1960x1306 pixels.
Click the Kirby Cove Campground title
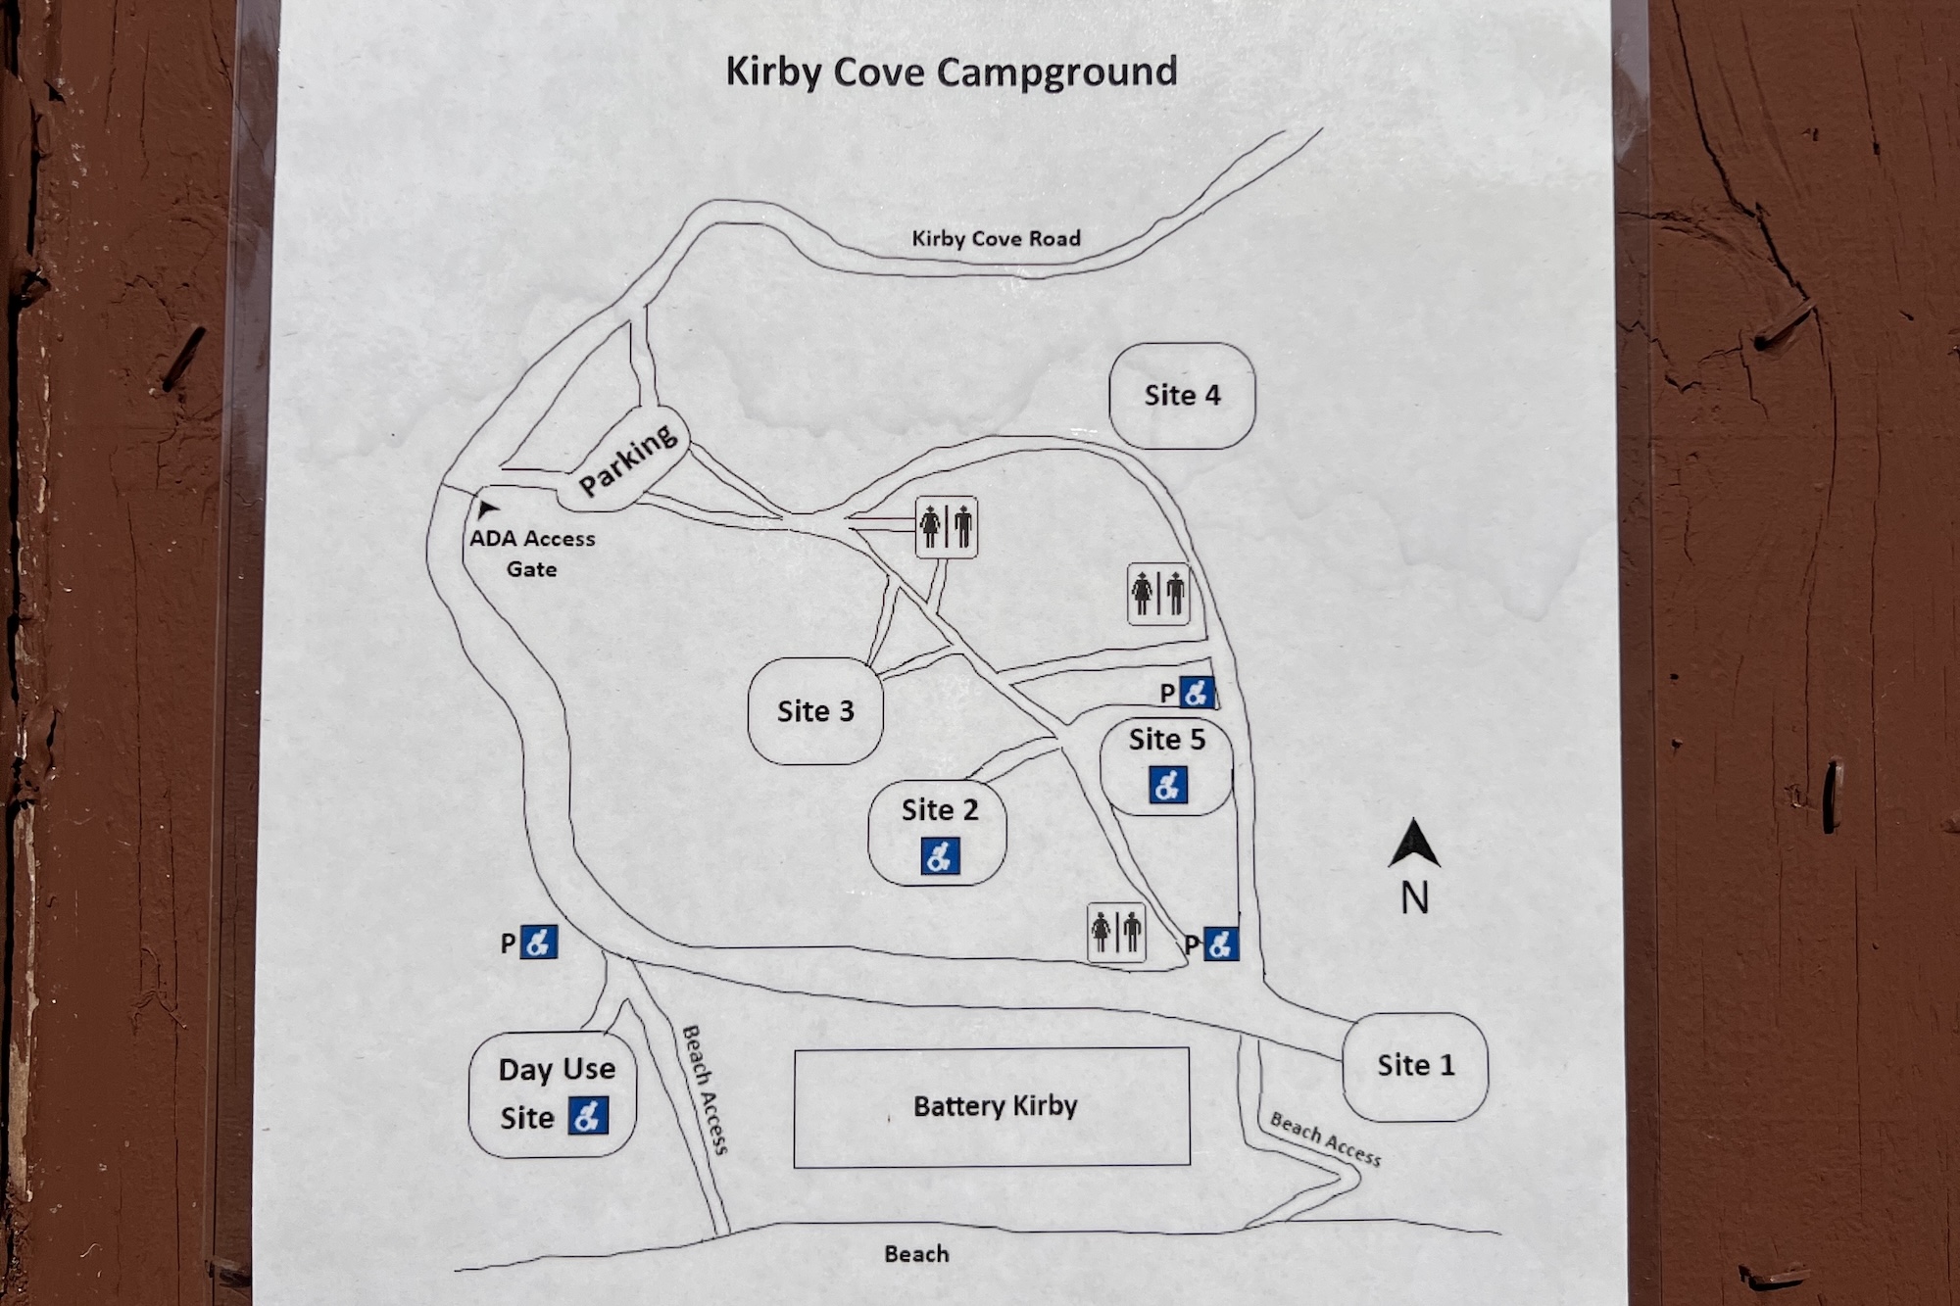pos(951,73)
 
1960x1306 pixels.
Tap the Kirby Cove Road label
pos(996,238)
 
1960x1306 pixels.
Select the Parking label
pos(627,460)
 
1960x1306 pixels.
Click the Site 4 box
pos(1182,396)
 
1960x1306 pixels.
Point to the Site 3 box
pos(815,711)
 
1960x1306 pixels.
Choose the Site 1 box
pos(1415,1066)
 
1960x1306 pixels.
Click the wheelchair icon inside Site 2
pos(940,856)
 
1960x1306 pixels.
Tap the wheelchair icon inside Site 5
pos(1167,785)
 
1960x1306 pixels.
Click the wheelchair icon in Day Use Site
pos(587,1115)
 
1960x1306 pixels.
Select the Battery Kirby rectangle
pos(992,1107)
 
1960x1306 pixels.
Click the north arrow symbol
pos(1414,845)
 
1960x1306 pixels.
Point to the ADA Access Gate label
pos(532,553)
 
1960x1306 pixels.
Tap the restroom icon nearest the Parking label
pos(947,527)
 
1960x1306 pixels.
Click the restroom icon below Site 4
pos(1158,594)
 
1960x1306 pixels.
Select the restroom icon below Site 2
pos(1116,932)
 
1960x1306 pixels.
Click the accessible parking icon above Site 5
pos(1196,693)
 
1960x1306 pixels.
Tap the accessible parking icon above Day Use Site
pos(538,943)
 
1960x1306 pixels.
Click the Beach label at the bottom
pos(916,1254)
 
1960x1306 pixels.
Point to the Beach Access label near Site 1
pos(1325,1139)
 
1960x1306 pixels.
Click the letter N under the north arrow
pos(1414,898)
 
